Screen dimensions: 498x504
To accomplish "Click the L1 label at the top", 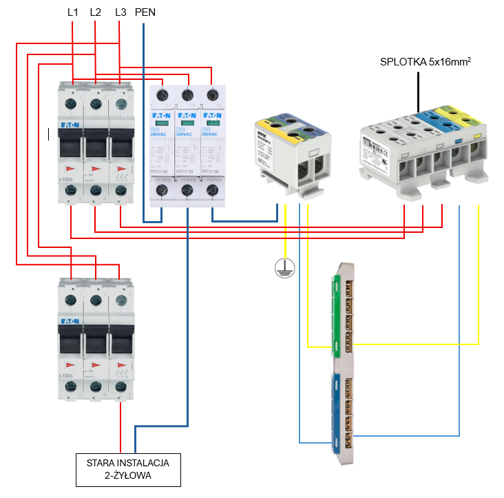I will tap(73, 12).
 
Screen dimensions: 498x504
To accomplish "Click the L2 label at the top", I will tap(96, 12).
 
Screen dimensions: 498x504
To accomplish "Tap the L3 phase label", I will tap(120, 12).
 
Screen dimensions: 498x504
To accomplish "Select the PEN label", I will tap(145, 12).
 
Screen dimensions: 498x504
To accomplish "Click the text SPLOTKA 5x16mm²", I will tap(425, 62).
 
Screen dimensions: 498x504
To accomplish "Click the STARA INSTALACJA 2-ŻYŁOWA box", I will tap(128, 468).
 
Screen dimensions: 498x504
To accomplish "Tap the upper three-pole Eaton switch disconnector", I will tap(96, 145).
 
